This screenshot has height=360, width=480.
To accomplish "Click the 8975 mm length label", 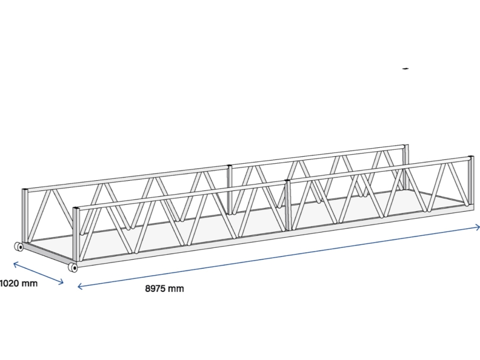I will [x=164, y=289].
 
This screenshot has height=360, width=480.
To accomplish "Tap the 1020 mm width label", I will [x=18, y=283].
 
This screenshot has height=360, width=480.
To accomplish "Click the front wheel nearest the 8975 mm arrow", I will [x=73, y=267].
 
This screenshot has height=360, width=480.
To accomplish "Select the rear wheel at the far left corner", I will [x=19, y=246].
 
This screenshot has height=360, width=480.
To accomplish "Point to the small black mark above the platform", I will [x=406, y=69].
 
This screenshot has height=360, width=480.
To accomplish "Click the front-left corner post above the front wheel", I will [x=76, y=235].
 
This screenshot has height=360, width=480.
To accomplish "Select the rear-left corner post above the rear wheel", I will [x=25, y=216].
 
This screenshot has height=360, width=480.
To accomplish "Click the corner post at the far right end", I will [x=470, y=181].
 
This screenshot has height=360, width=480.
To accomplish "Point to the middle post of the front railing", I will [x=287, y=205].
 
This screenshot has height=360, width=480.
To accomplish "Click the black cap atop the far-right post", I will [x=470, y=157].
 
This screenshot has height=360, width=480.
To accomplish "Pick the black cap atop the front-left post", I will [x=76, y=208].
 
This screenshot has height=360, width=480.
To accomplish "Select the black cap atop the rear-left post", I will [x=25, y=189].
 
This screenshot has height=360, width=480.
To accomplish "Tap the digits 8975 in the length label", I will [x=155, y=289].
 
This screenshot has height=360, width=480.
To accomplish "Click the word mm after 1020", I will [x=30, y=283].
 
